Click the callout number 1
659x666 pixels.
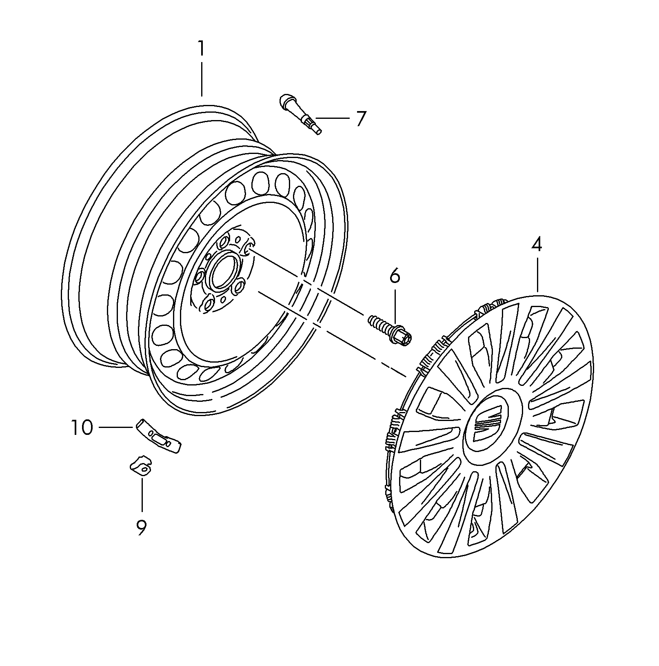point(201,49)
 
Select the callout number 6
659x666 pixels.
point(395,276)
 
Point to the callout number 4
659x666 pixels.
point(537,245)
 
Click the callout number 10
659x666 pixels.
point(82,428)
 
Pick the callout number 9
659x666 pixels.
point(141,528)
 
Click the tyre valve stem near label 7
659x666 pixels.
point(300,113)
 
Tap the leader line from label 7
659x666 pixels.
point(333,118)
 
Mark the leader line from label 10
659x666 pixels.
point(116,427)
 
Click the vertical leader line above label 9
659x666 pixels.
point(142,494)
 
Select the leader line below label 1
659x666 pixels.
point(202,79)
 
